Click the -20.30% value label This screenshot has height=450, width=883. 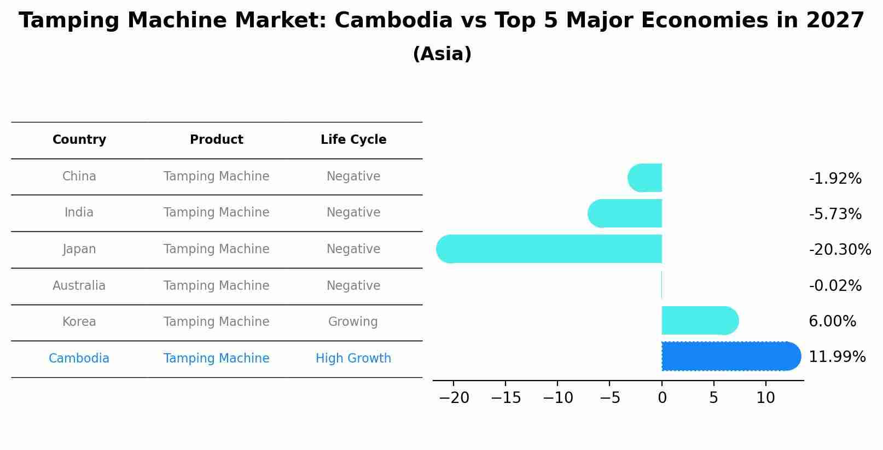pyautogui.click(x=839, y=250)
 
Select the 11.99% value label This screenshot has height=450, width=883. pyautogui.click(x=836, y=357)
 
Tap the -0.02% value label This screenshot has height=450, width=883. pyautogui.click(x=835, y=285)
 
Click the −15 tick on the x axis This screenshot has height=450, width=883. pyautogui.click(x=506, y=398)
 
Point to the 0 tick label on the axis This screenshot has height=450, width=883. pyautogui.click(x=662, y=398)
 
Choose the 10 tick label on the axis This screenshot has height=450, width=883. pyautogui.click(x=765, y=398)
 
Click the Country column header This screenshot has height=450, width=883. pyautogui.click(x=79, y=140)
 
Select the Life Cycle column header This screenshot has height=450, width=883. pyautogui.click(x=353, y=140)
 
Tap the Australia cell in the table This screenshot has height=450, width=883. pyautogui.click(x=79, y=285)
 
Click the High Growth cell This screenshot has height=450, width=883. pyautogui.click(x=353, y=358)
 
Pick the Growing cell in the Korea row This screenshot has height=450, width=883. pyautogui.click(x=353, y=322)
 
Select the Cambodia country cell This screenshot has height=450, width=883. pyautogui.click(x=79, y=358)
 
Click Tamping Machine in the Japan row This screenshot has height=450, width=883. pyautogui.click(x=216, y=249)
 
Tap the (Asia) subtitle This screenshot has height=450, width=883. pyautogui.click(x=442, y=54)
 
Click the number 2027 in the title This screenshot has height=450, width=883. pyautogui.click(x=835, y=21)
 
